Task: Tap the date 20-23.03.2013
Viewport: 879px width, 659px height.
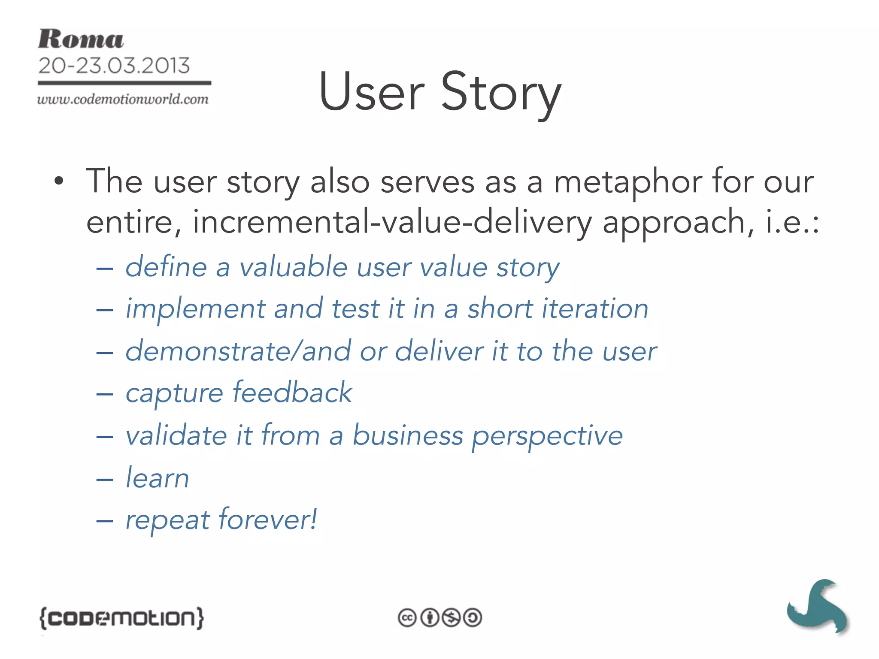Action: tap(114, 66)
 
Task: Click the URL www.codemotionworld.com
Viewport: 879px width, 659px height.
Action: tap(123, 99)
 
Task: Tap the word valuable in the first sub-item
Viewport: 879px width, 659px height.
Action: tap(293, 267)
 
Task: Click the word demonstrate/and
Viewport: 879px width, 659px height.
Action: tap(238, 351)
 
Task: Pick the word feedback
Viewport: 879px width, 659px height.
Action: tap(292, 393)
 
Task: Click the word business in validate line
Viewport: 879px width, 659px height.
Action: tap(408, 435)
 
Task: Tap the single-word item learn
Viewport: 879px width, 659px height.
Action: tap(157, 478)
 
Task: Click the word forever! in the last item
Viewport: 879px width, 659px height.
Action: tap(268, 520)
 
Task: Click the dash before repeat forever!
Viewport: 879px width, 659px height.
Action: tap(104, 521)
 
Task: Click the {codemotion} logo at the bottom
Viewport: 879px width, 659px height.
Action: tap(122, 618)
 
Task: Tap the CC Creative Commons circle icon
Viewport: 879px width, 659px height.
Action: tap(407, 618)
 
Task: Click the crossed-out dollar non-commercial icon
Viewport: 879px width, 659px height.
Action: tap(451, 618)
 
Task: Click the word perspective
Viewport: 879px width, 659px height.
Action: tap(547, 436)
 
